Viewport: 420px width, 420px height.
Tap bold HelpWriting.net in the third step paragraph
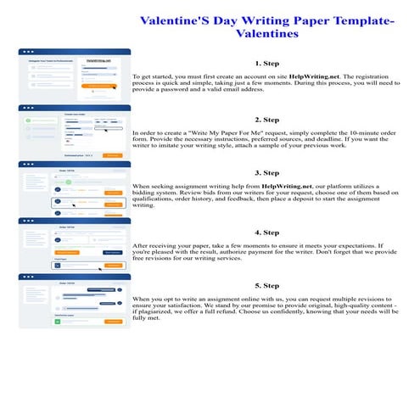287,185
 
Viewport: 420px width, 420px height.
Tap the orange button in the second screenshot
112,155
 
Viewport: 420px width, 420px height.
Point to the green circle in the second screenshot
28,120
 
